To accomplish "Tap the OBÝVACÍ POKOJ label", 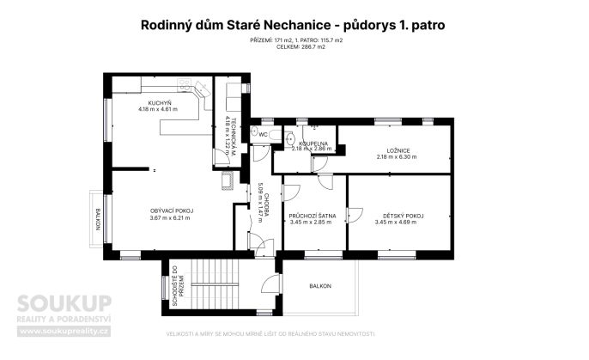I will coord(172,211).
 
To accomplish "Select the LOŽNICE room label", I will coord(396,150).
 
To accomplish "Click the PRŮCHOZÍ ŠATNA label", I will coord(307,216).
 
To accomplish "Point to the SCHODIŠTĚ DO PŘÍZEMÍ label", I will coord(173,286).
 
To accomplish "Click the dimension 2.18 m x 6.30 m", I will coord(396,157).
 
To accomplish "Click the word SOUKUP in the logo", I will coord(65,303).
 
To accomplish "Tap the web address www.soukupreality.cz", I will coord(65,330).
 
